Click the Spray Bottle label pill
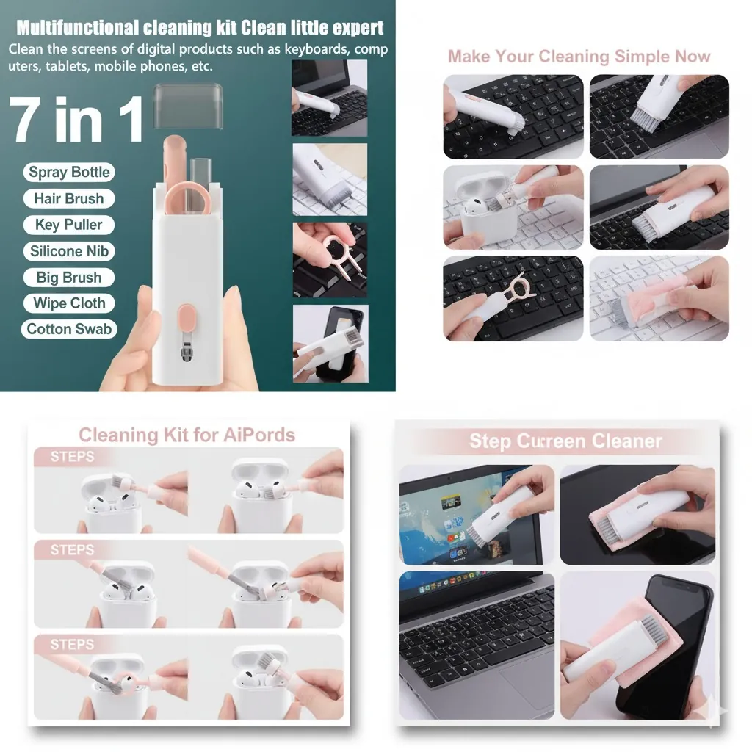pos(69,172)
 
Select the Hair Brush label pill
pos(69,198)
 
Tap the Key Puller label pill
pos(69,225)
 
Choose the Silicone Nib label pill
pos(69,251)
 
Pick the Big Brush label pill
pos(69,277)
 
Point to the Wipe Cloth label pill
pos(69,303)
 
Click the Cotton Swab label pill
pos(69,329)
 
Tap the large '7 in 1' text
pos(76,119)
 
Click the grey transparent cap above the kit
pos(188,106)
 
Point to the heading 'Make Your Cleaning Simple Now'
pos(579,56)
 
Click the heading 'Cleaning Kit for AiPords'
pos(187,435)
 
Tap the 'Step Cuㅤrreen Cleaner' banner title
pos(565,441)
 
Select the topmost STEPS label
pos(73,456)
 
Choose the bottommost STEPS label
pos(73,644)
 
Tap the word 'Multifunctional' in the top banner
pos(77,28)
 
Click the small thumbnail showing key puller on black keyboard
pos(330,259)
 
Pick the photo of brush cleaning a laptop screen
pos(477,515)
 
